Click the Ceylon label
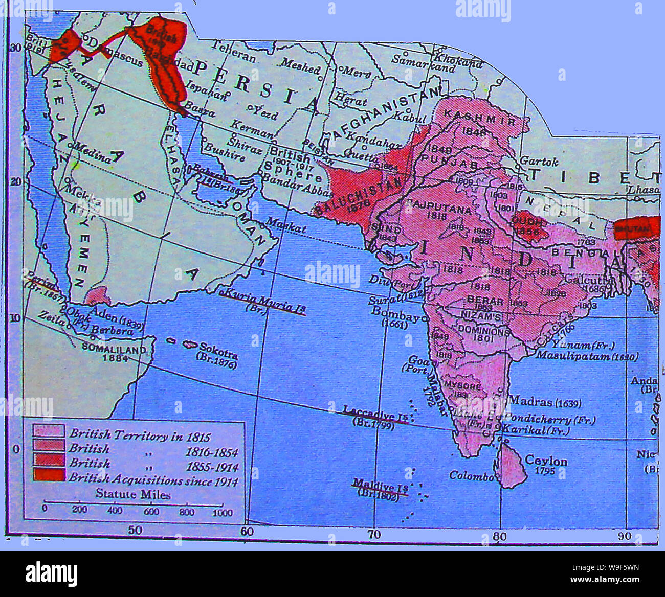(x=546, y=461)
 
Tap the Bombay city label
(x=394, y=311)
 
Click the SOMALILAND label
(x=114, y=349)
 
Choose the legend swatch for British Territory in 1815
(x=49, y=431)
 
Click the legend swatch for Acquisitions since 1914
(x=49, y=475)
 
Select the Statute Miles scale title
(x=133, y=494)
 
